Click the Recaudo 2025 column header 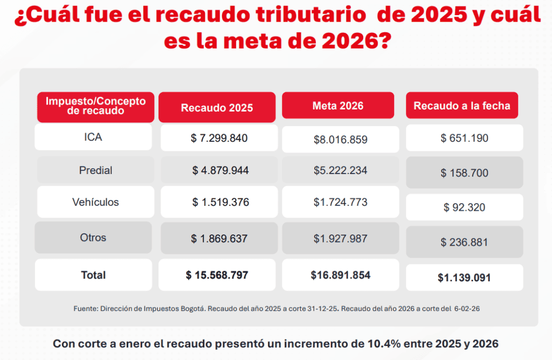coord(217,107)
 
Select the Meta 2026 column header coord(338,106)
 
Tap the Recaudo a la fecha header coord(462,106)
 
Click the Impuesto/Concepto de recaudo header coord(96,106)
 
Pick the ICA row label coord(93,137)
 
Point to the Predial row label coord(95,170)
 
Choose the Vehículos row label coord(95,202)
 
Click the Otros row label coord(93,238)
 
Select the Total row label coord(93,275)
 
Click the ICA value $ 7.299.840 coord(219,138)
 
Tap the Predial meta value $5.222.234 coord(341,170)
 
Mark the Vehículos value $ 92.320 coord(464,207)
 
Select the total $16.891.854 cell coord(341,275)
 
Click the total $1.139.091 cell coord(464,278)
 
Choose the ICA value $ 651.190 coord(464,138)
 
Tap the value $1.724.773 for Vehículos coord(341,203)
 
